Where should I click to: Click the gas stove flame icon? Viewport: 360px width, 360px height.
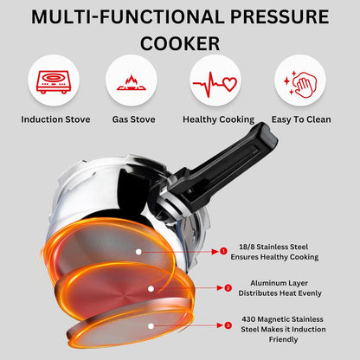click(x=132, y=84)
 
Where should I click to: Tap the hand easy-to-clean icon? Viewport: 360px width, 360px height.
click(x=299, y=84)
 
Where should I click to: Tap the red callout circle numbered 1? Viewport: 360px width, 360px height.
click(x=223, y=251)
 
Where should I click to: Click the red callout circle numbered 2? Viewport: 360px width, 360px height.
click(x=228, y=288)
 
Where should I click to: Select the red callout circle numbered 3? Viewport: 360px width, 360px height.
click(x=228, y=325)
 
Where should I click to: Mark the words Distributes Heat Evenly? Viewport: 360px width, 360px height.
click(x=282, y=294)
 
